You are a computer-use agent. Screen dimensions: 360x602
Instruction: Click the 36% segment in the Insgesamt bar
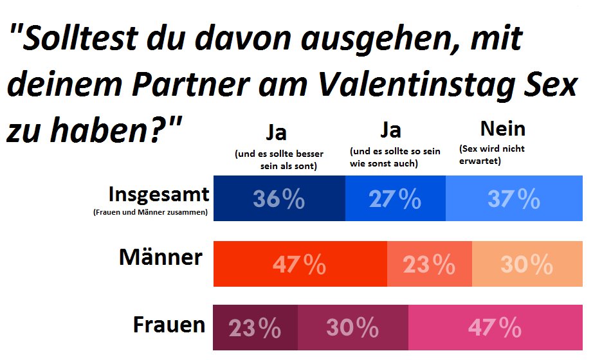tap(278, 199)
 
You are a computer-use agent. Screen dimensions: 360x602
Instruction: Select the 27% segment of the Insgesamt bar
tap(395, 199)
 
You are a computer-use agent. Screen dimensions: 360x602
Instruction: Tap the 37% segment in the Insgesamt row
tap(513, 199)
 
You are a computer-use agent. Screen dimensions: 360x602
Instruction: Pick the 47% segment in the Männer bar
tap(300, 264)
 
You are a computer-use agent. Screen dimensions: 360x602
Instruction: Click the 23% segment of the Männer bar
tap(429, 264)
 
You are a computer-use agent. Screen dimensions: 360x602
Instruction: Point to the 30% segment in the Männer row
tap(527, 264)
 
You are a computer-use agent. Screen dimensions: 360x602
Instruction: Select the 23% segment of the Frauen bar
tap(255, 329)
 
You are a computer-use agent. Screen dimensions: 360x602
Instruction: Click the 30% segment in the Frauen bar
tap(352, 329)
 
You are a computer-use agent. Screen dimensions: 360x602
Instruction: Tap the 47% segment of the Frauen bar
tap(495, 329)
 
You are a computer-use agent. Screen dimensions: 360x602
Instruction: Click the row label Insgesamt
tap(158, 194)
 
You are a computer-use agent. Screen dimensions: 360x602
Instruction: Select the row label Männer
tap(161, 258)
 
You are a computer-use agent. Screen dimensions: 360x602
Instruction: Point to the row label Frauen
tap(169, 325)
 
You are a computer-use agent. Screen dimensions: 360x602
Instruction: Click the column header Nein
tap(502, 129)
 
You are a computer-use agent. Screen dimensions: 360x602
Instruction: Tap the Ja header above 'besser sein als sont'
tap(276, 132)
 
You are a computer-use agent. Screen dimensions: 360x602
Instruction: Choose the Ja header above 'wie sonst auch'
tap(390, 130)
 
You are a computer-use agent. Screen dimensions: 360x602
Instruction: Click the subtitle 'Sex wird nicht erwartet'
tap(492, 155)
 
